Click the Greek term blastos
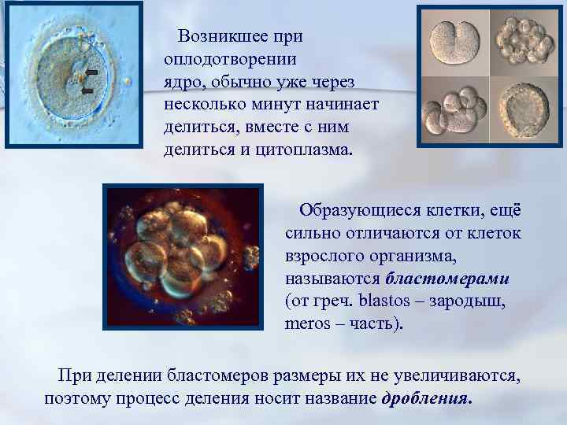(385, 301)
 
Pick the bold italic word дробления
(427, 397)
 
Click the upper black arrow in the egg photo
(91, 72)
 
